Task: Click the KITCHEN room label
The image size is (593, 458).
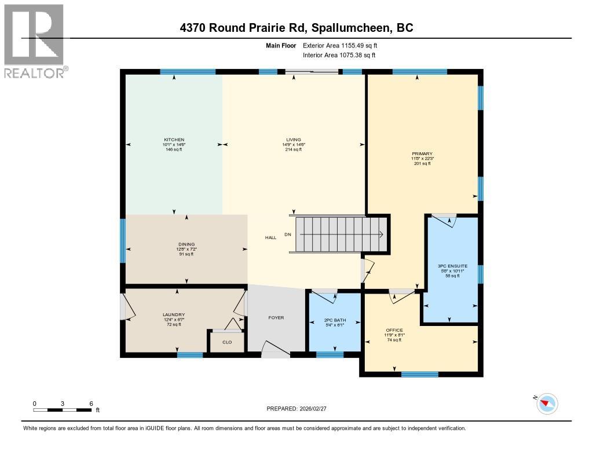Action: click(x=174, y=140)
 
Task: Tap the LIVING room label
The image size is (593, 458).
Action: click(x=293, y=140)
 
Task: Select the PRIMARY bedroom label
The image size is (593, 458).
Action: click(x=422, y=154)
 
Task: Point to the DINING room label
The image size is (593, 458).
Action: click(x=186, y=244)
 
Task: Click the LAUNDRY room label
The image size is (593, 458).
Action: click(x=173, y=315)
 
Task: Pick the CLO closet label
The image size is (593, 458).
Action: click(x=227, y=342)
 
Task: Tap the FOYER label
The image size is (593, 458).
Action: click(x=276, y=317)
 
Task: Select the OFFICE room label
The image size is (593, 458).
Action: click(x=394, y=330)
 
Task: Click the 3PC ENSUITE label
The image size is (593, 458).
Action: click(x=452, y=266)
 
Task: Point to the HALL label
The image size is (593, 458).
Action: click(x=270, y=237)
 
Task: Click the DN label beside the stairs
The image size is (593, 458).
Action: click(x=288, y=235)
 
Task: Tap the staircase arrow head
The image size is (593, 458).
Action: click(x=381, y=235)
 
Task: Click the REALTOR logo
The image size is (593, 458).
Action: click(x=34, y=41)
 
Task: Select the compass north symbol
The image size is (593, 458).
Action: click(x=547, y=404)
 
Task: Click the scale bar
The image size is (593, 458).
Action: click(x=62, y=410)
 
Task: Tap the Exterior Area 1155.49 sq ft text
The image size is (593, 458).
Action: click(x=340, y=45)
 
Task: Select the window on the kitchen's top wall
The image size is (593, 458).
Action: click(x=188, y=72)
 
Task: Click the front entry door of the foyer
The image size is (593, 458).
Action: click(x=276, y=349)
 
